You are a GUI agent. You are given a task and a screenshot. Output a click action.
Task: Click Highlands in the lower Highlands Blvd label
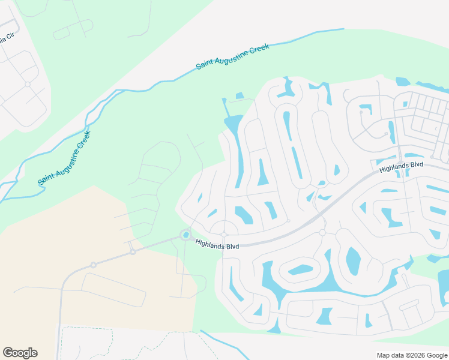point(208,245)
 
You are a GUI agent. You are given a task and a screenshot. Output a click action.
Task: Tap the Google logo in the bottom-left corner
point(20,353)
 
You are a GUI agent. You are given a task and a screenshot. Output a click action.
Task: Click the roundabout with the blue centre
point(186,235)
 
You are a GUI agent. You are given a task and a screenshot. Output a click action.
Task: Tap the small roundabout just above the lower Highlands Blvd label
point(223,234)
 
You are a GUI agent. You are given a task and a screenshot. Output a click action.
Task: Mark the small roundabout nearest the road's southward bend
point(93,265)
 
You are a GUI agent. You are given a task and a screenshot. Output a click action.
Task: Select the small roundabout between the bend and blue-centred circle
point(133,252)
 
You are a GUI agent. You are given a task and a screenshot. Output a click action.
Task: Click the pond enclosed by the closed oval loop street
point(300,269)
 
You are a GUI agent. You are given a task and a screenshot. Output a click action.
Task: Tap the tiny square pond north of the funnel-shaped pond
point(240,95)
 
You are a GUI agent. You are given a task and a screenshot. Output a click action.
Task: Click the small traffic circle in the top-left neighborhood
point(28,84)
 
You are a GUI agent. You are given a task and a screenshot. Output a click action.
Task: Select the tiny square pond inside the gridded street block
point(406,104)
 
